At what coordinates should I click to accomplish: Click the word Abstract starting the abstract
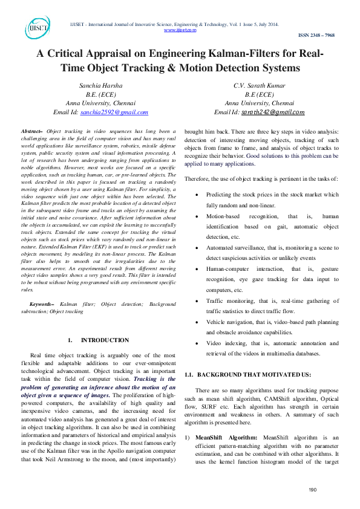point(31,131)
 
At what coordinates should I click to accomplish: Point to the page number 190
point(313,490)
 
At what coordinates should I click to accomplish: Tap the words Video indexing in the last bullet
point(226,343)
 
